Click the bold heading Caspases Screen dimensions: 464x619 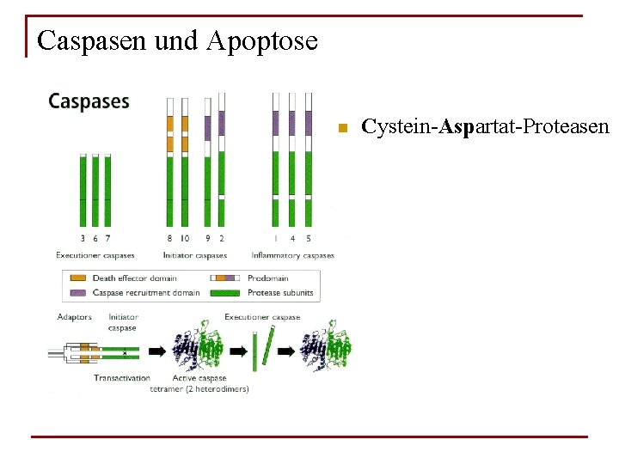[x=89, y=101]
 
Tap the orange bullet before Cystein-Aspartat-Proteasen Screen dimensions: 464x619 [x=341, y=129]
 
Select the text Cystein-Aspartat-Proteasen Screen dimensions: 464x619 [x=485, y=127]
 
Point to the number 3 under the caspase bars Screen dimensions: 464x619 [x=83, y=238]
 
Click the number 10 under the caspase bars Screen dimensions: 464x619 [x=184, y=238]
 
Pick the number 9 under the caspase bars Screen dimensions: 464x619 [x=208, y=238]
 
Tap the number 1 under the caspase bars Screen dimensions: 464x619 [x=275, y=238]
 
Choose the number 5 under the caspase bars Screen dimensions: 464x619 [x=309, y=238]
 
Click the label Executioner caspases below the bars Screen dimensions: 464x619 [x=95, y=255]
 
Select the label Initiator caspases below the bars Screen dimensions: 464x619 [x=195, y=255]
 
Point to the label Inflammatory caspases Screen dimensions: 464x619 [x=292, y=255]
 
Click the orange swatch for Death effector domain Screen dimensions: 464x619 [x=77, y=278]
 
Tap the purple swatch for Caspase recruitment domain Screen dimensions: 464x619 [x=77, y=292]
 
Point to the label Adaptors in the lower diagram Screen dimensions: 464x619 [x=74, y=318]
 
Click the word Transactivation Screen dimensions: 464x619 [x=122, y=378]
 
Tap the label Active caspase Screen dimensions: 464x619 [x=199, y=378]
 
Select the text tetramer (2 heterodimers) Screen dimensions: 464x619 [x=199, y=389]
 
